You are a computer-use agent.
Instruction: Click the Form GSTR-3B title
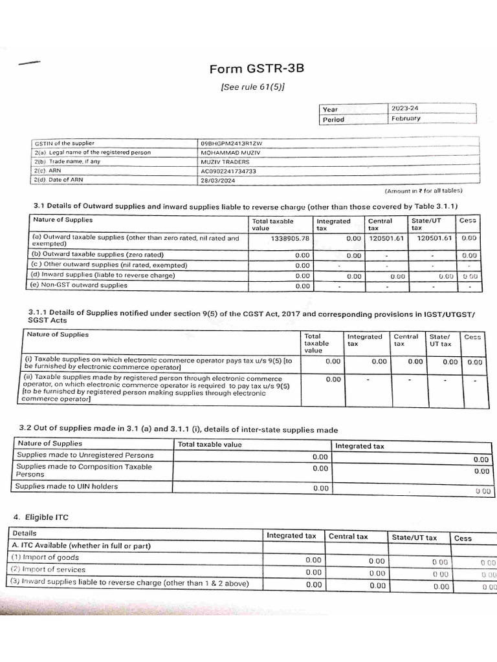pos(256,70)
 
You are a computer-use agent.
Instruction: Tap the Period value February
pos(406,119)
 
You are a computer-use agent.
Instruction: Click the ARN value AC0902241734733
pos(229,171)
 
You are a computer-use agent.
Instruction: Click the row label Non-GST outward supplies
pos(80,285)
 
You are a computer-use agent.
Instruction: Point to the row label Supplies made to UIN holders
pos(67,486)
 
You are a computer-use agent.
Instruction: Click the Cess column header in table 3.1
pos(467,220)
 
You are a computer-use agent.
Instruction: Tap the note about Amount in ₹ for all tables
pos(424,191)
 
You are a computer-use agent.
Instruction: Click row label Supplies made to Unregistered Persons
pos(85,455)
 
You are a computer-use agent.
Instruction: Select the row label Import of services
pos(49,570)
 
